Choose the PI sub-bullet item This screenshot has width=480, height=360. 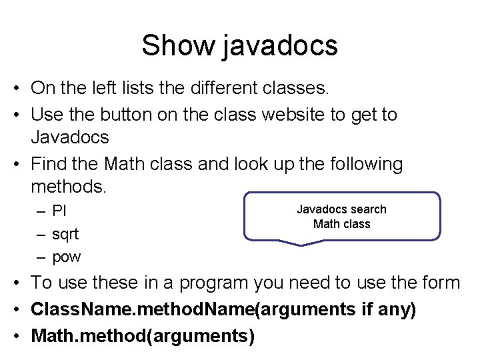59,211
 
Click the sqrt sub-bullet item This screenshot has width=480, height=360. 65,234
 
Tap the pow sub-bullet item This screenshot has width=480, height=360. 67,257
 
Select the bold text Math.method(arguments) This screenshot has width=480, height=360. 143,336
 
